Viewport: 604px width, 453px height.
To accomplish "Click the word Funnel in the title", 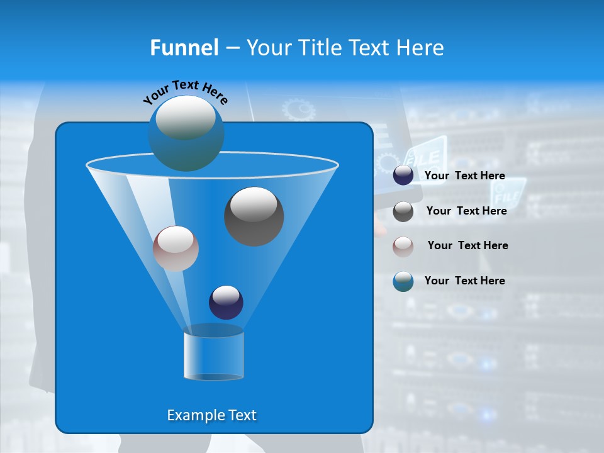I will click(184, 47).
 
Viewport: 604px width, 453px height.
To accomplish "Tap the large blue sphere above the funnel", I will click(186, 133).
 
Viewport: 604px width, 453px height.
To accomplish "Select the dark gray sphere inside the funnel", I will click(254, 216).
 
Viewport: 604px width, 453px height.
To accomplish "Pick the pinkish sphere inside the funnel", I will click(176, 249).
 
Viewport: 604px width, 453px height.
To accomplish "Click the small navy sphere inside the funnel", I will click(226, 302).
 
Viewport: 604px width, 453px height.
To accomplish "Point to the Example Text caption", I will click(211, 415).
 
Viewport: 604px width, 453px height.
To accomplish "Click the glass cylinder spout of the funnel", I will click(214, 355).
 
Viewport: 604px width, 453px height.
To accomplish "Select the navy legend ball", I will click(403, 176).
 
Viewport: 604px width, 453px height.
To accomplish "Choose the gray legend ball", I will click(403, 211).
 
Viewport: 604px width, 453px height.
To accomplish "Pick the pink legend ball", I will click(403, 246).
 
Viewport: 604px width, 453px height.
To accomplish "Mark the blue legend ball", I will click(403, 281).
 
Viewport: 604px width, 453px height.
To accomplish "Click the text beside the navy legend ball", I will click(464, 176).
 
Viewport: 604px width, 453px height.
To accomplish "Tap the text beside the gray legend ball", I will click(466, 211).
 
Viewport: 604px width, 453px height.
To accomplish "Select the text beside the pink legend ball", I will click(467, 245).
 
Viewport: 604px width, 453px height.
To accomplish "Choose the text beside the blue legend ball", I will click(464, 281).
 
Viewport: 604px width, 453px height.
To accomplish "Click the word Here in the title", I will click(421, 47).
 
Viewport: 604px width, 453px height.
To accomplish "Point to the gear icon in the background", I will click(298, 109).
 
